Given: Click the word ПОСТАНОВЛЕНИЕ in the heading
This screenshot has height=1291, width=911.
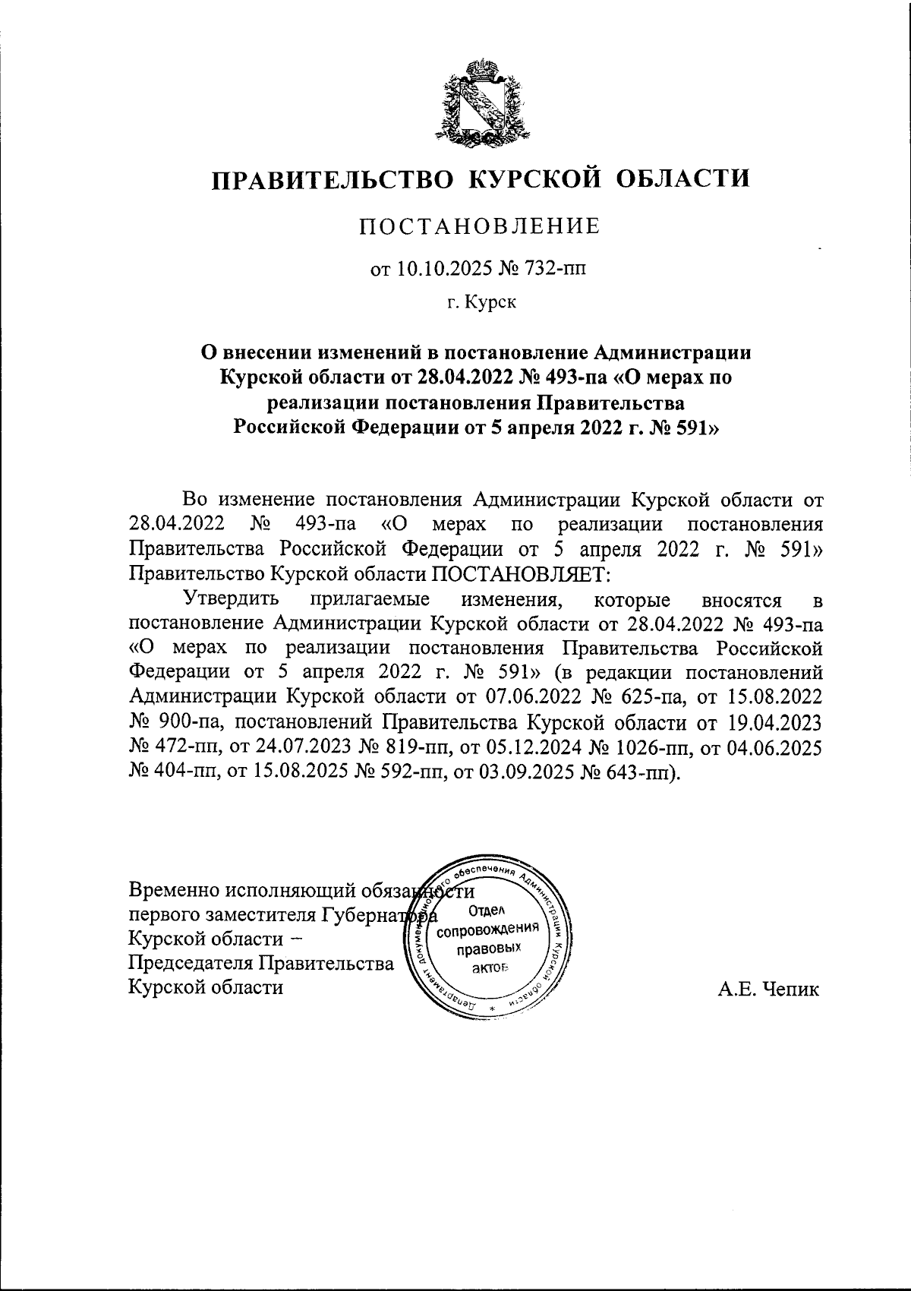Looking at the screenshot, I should (479, 226).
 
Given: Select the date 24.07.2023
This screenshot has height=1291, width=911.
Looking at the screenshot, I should (299, 747).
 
